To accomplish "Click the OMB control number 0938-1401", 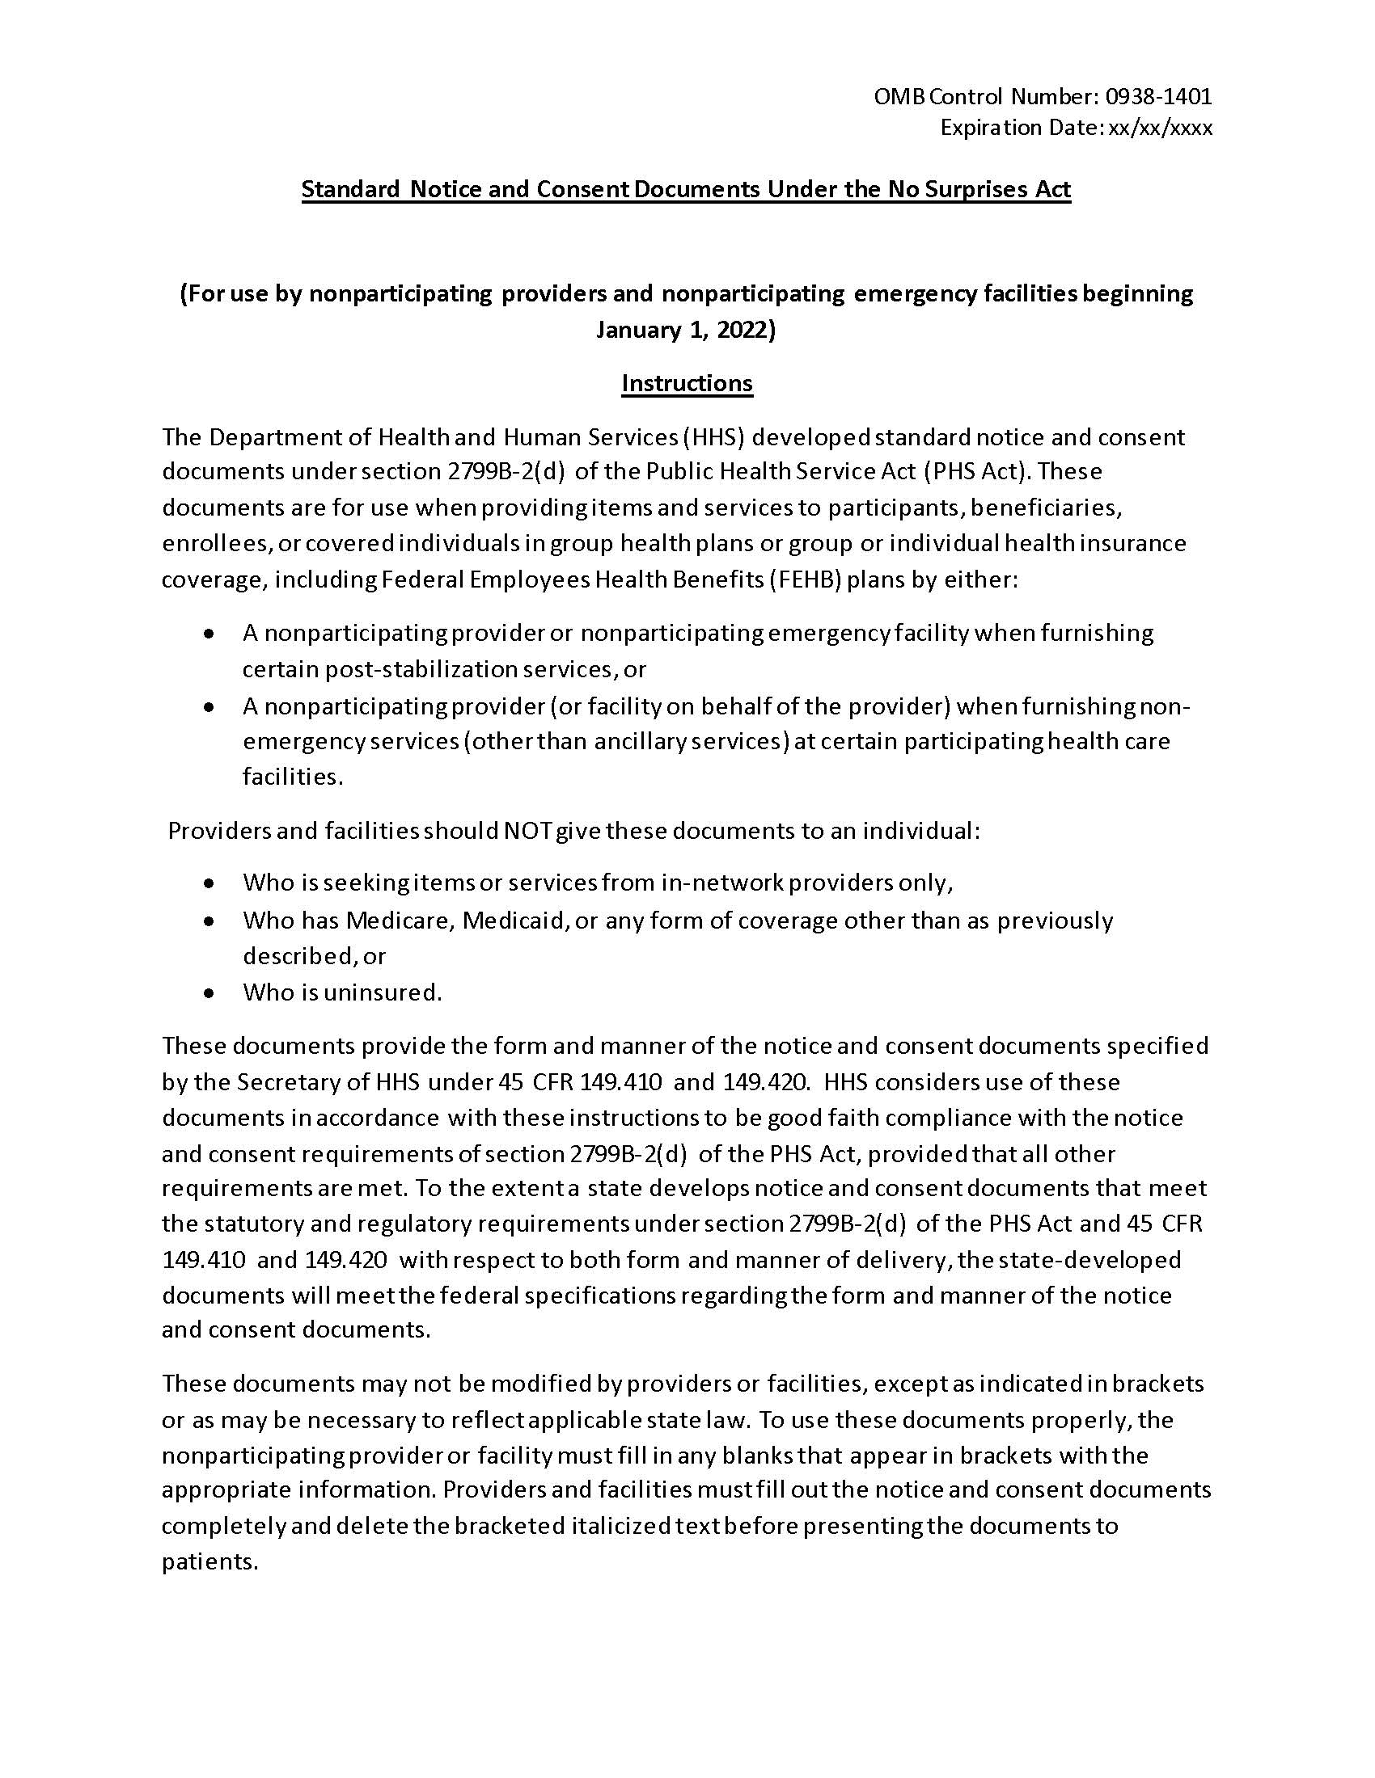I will point(1157,97).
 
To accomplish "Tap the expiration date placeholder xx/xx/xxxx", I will point(1160,128).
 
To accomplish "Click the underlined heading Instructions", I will point(687,382).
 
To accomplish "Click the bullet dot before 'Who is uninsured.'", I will point(210,993).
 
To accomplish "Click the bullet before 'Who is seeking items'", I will point(210,883).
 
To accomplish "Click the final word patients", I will point(209,1561).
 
